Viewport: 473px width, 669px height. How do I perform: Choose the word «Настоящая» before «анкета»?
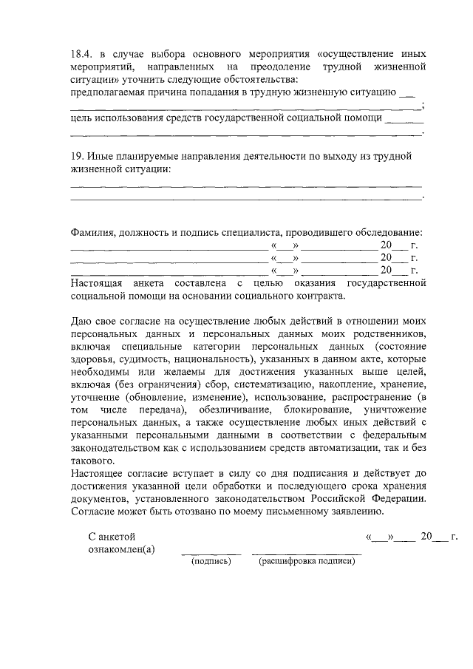tap(98, 283)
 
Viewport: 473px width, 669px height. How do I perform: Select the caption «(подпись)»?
tap(211, 562)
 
